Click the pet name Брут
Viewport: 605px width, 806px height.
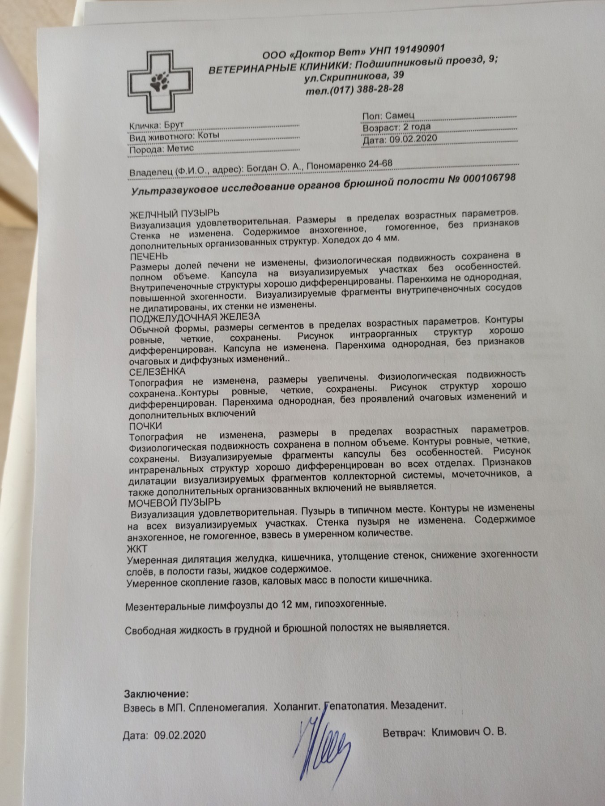174,125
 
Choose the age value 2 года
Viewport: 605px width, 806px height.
417,127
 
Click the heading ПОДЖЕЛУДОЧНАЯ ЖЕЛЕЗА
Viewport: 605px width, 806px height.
195,317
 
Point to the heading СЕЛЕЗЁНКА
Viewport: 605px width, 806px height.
157,372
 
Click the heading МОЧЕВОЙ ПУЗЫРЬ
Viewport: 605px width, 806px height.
174,502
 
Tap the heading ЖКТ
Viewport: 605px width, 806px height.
137,549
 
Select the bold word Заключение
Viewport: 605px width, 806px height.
156,694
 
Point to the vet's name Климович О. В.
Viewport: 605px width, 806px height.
469,733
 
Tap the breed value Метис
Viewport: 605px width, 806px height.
180,148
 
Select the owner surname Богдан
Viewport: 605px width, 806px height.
261,167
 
